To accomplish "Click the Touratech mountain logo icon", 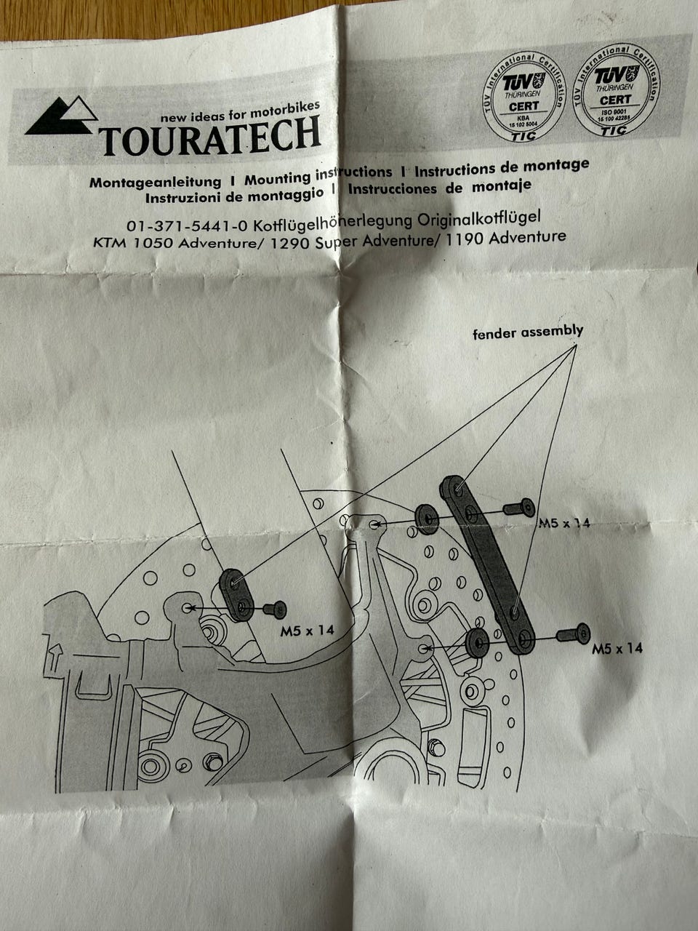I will coord(63,117).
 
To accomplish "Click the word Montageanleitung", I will coord(155,182).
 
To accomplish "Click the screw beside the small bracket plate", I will coord(276,609).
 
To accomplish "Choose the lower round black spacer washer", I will coord(477,643).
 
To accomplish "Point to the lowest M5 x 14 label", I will coord(617,648).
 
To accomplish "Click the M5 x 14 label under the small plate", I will coord(307,631).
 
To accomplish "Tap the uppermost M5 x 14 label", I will coord(564,523).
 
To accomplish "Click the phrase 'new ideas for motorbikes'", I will coord(240,113).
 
